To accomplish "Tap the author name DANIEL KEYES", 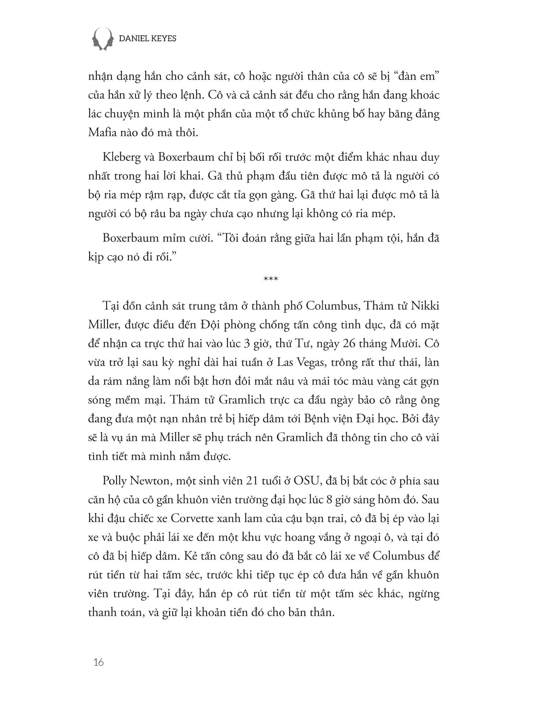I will (x=147, y=39).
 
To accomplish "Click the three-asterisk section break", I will (x=271, y=279).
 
